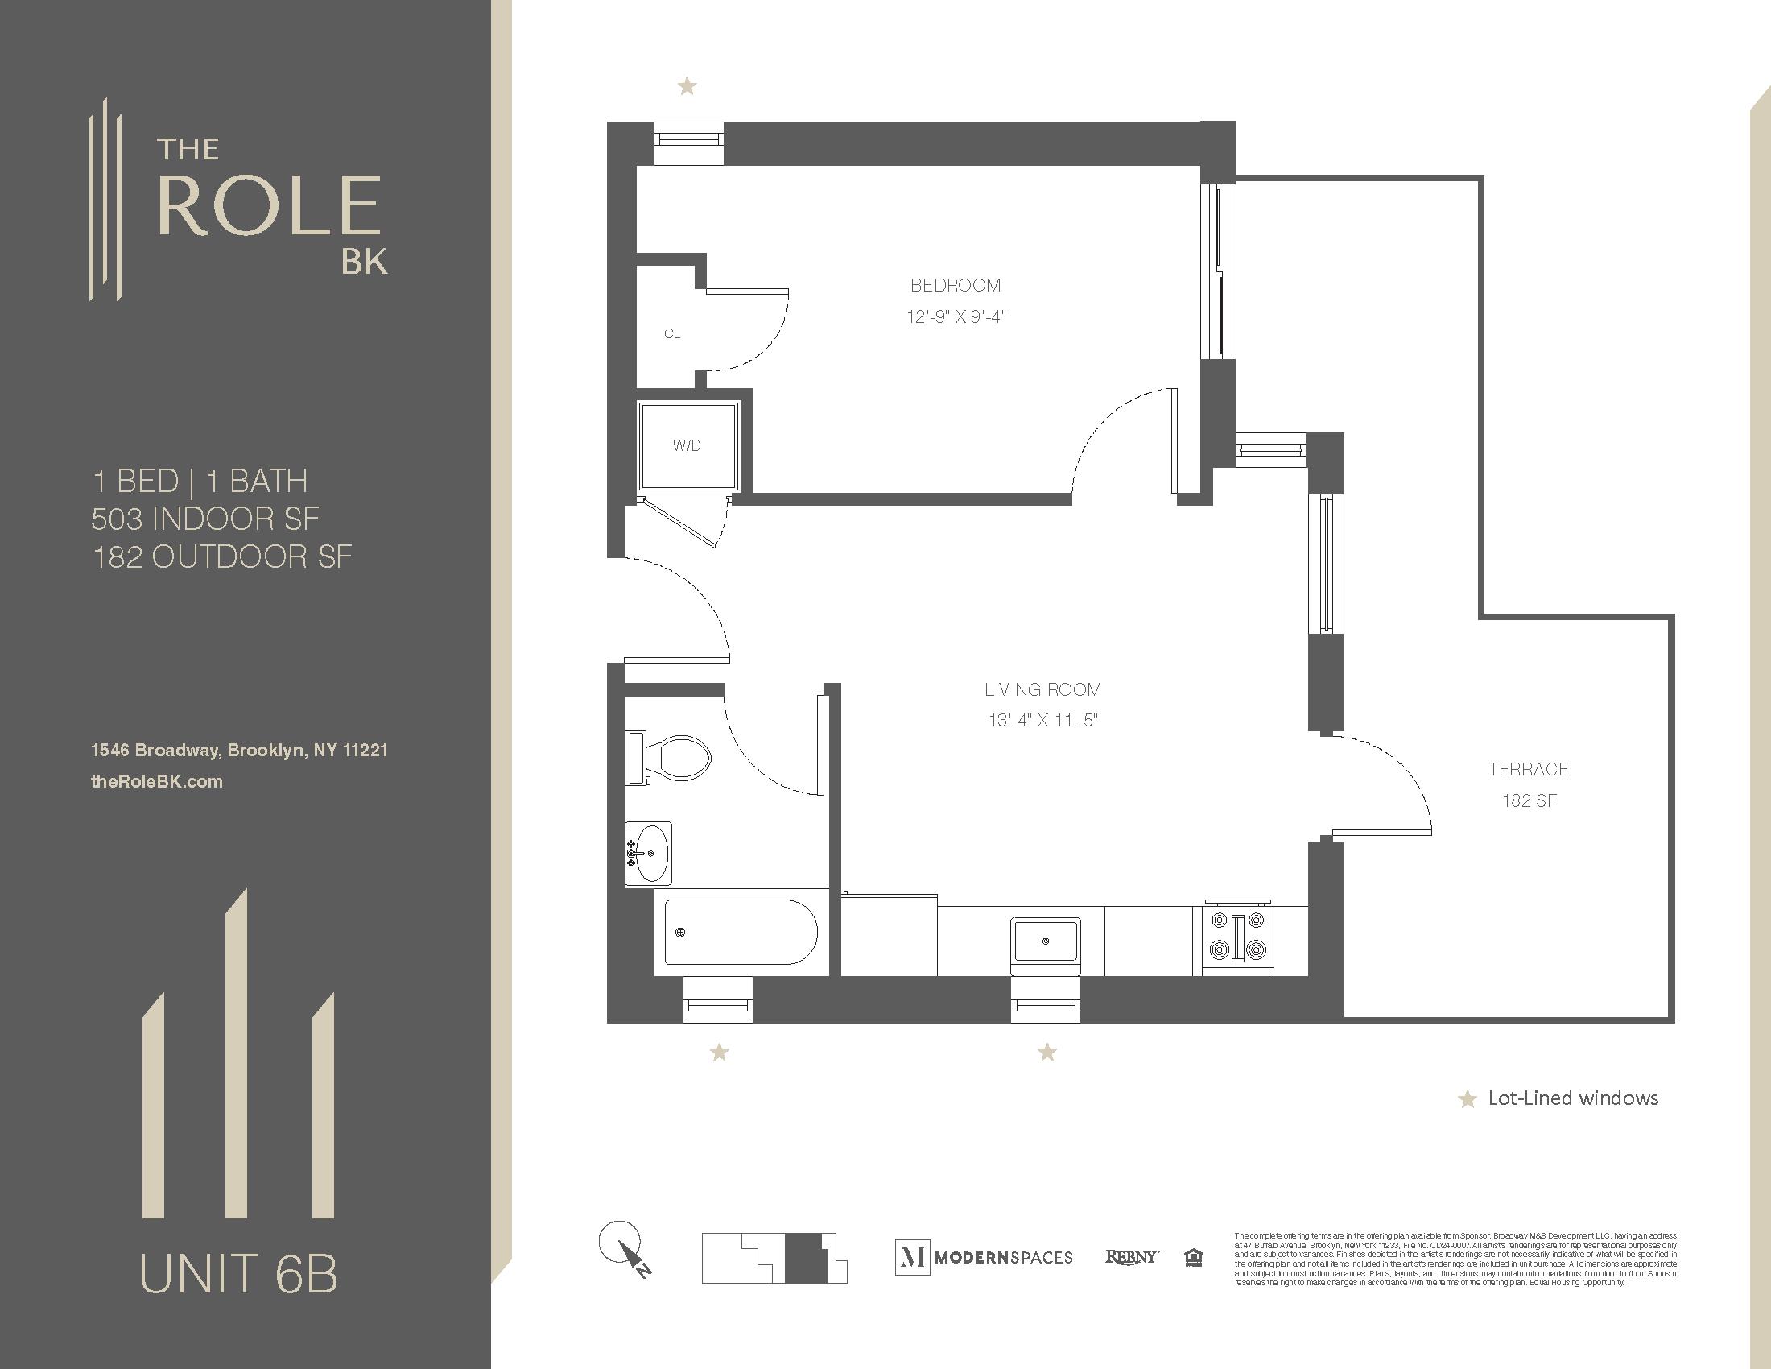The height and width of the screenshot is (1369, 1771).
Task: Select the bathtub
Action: (740, 932)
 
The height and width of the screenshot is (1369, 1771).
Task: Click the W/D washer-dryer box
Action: (687, 445)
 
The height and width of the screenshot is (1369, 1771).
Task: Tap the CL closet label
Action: (672, 333)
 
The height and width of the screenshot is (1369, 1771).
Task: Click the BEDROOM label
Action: (956, 286)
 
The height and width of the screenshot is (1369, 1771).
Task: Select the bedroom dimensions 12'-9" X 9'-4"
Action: (956, 316)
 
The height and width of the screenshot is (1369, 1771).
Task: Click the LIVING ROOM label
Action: (1042, 689)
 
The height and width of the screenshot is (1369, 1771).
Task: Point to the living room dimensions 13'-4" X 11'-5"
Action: (1042, 720)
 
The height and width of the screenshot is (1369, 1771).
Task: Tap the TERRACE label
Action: (1529, 769)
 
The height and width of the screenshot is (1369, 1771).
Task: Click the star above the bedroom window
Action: (687, 85)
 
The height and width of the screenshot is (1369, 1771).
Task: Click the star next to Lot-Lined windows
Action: (1467, 1100)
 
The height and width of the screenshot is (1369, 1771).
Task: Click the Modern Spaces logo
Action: (985, 1257)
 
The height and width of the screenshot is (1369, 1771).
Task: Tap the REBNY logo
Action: (1132, 1256)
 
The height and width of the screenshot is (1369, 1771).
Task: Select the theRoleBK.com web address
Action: (156, 782)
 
